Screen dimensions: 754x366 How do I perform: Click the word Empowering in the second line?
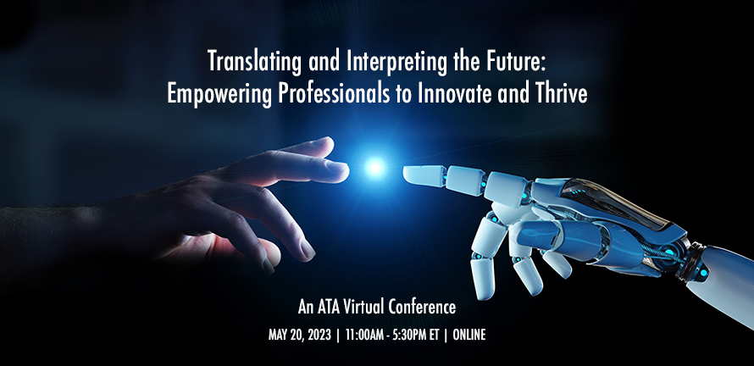coord(219,94)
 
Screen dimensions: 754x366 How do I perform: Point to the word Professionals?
coord(334,93)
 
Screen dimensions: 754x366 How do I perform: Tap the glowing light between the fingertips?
coord(374,167)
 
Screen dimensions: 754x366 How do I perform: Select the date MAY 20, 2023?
coord(300,335)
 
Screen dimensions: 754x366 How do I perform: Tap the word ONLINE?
coord(469,335)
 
